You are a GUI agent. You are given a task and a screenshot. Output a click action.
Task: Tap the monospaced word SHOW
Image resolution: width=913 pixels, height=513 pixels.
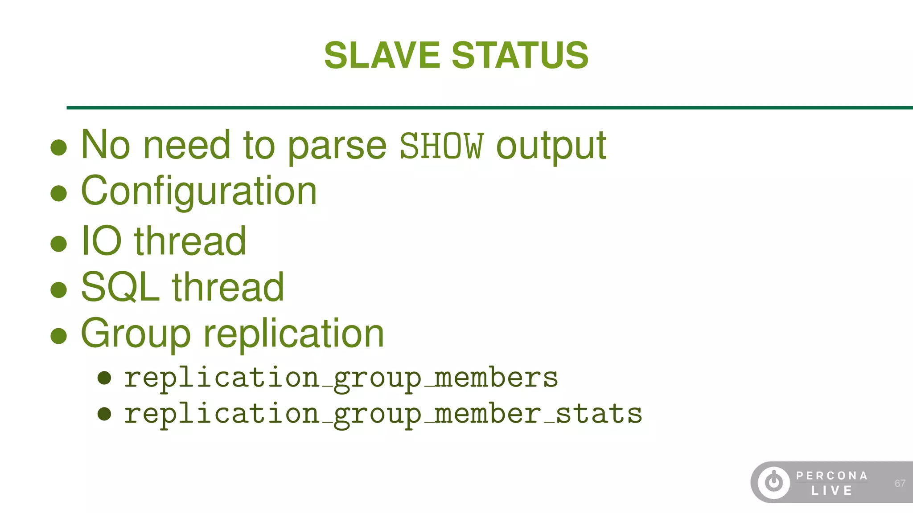point(441,146)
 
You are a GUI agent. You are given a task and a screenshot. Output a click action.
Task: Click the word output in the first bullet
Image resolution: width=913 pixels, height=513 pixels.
point(551,146)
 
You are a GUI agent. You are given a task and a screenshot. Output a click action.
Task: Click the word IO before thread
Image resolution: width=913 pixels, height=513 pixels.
point(101,241)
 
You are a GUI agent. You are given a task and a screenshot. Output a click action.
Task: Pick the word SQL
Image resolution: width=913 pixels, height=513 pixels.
point(120,287)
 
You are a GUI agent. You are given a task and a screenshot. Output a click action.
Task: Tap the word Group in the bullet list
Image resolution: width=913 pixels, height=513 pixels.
point(136,334)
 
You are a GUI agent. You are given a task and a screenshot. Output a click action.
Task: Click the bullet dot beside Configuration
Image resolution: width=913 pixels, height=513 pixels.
point(59,193)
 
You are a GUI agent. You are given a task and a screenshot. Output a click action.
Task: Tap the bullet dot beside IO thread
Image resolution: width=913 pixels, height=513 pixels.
point(59,244)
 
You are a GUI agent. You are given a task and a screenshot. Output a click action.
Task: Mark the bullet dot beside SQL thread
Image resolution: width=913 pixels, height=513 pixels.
point(59,289)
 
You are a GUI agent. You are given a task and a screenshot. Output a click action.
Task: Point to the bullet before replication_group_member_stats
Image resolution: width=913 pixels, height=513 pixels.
point(104,414)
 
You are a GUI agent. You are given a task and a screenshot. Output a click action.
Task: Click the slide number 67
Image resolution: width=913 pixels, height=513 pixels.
point(900,483)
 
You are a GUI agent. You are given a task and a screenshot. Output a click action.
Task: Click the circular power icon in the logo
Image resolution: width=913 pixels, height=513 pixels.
point(774,482)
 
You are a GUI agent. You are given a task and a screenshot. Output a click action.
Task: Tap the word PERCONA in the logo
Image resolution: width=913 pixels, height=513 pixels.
point(832,476)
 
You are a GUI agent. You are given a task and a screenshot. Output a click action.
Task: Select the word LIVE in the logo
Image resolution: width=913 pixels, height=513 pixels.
point(831,491)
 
